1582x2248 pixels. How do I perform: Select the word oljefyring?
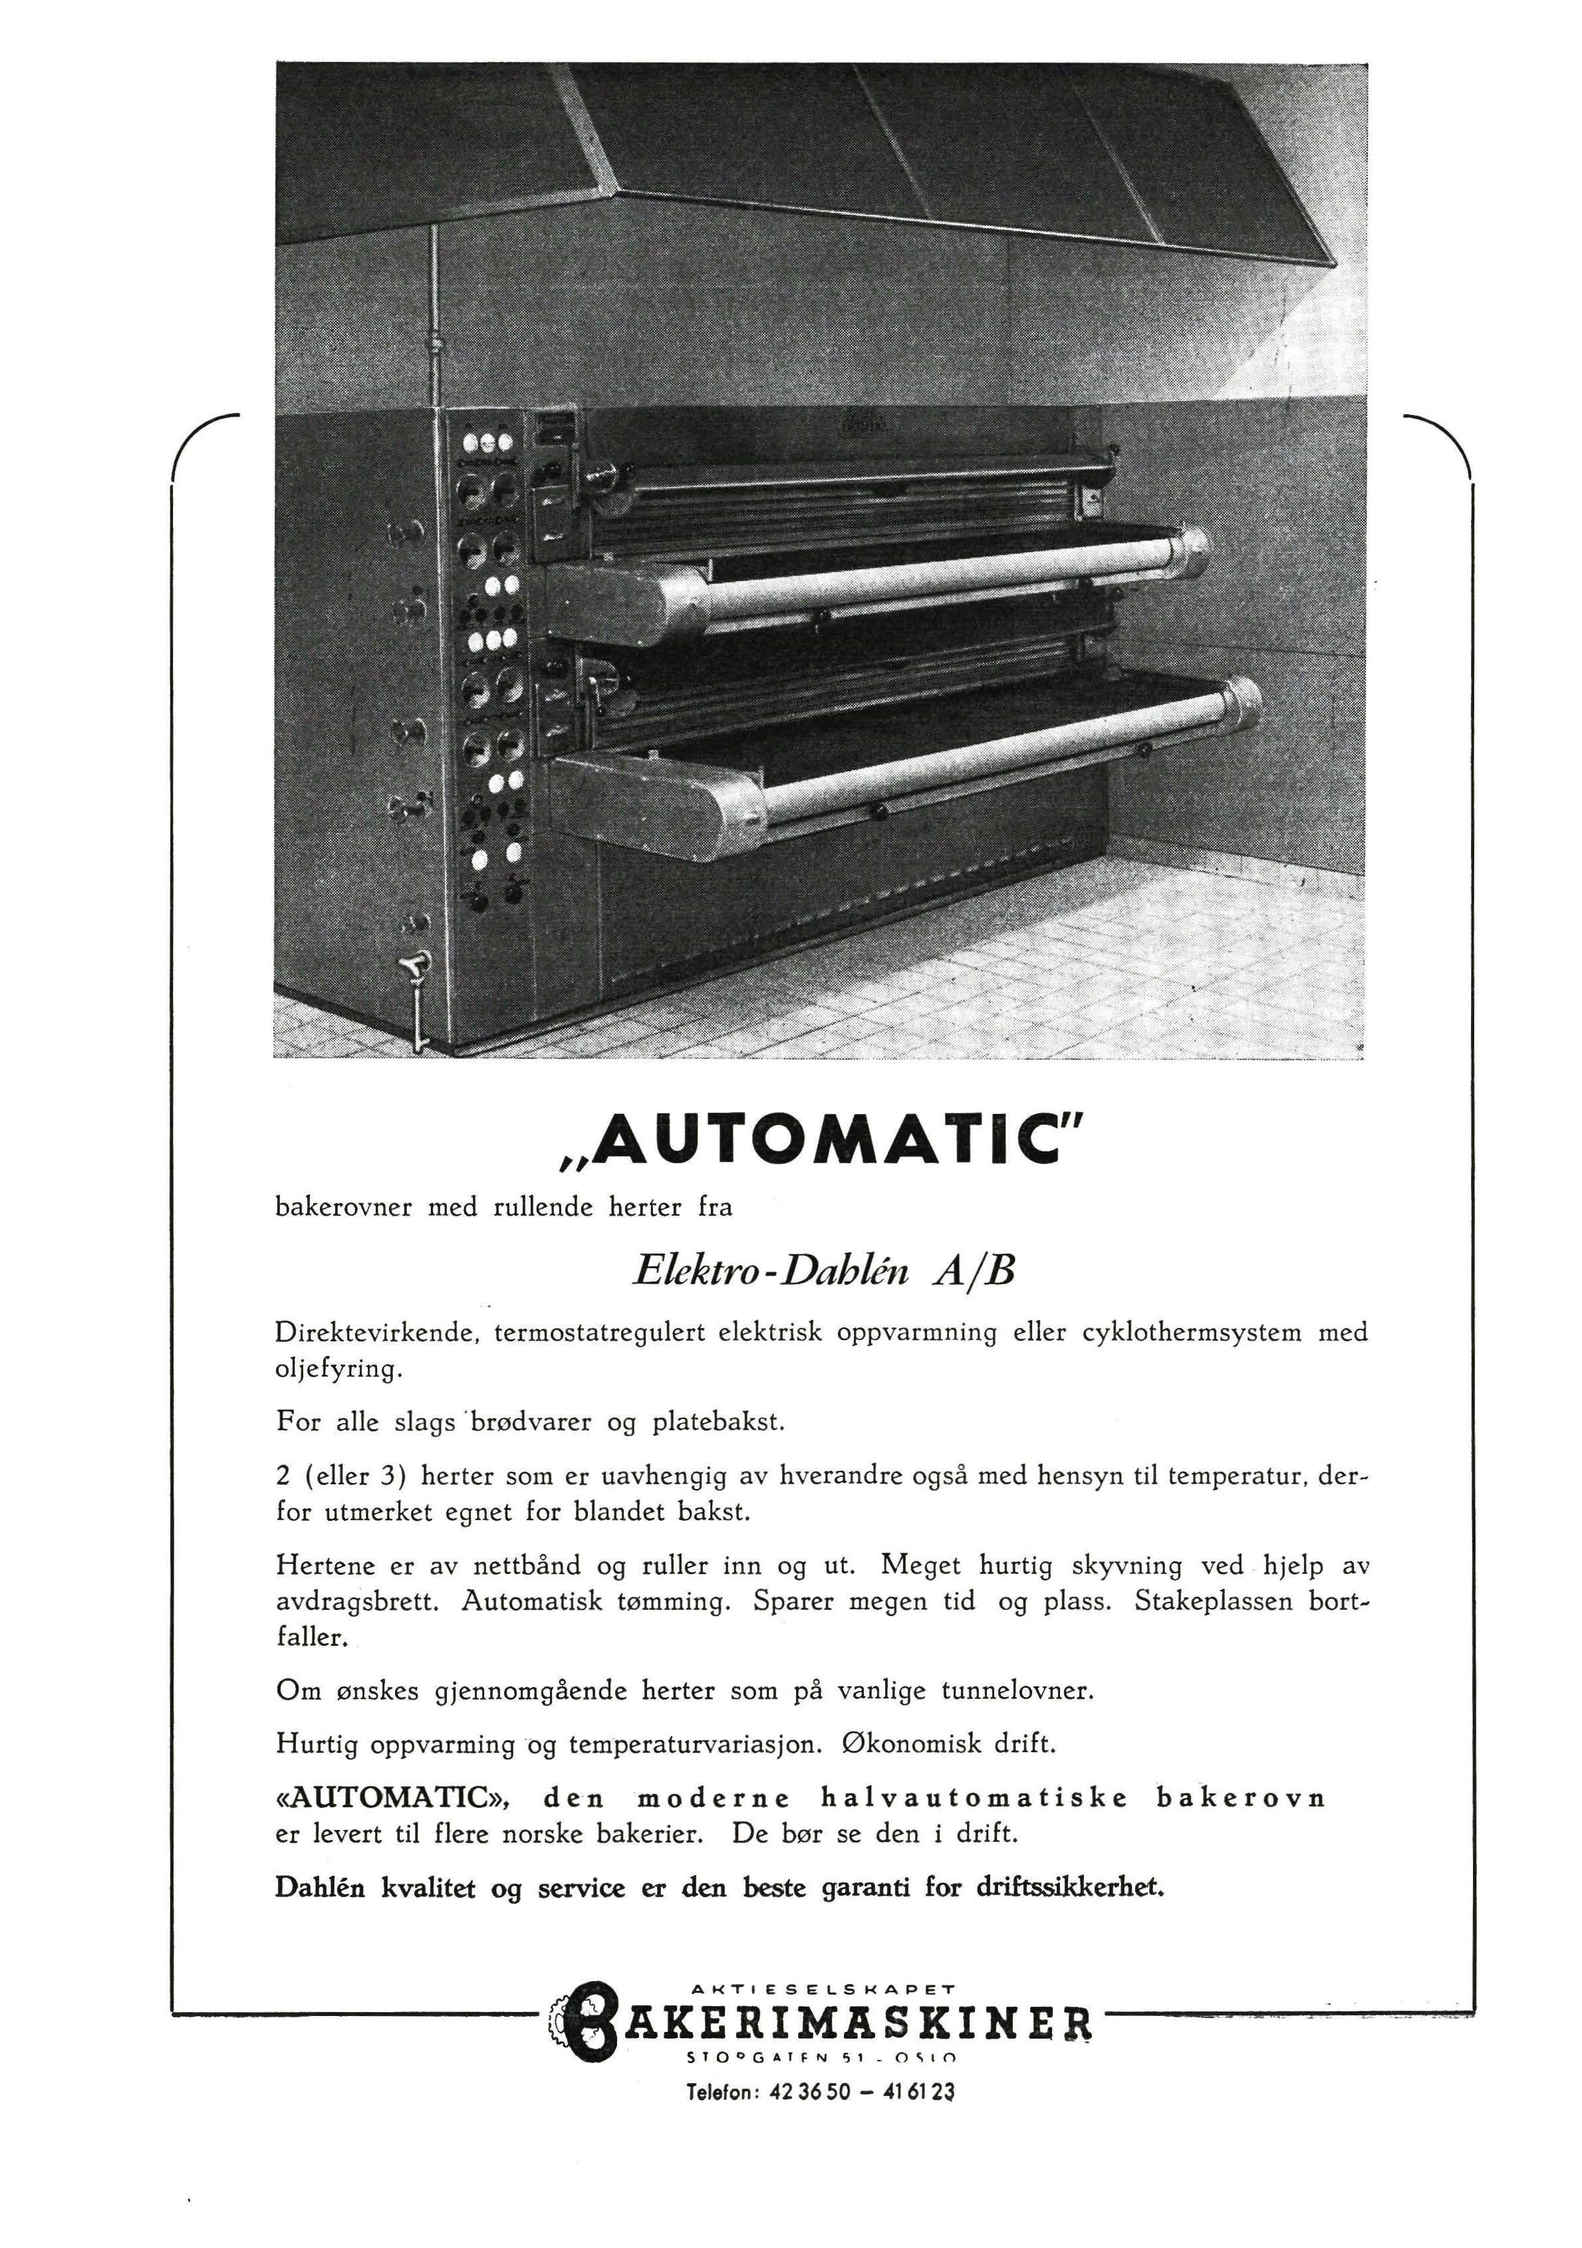pyautogui.click(x=338, y=1371)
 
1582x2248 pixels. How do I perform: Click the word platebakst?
pyautogui.click(x=718, y=1422)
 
